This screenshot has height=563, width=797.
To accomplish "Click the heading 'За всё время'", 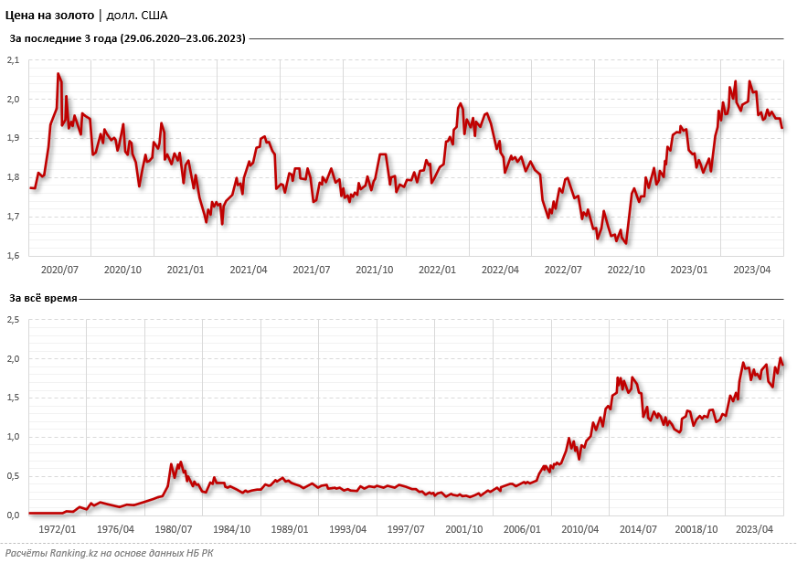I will [43, 298].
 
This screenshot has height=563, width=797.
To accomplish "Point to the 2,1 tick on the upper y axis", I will [14, 59].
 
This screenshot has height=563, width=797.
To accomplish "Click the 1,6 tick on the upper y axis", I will [14, 256].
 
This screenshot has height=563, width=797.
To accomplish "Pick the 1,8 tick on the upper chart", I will [14, 177].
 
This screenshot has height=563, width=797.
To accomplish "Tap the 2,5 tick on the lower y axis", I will [14, 320].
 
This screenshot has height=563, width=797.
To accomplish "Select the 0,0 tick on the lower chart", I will [14, 515].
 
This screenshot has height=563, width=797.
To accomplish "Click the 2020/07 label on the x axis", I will [60, 270].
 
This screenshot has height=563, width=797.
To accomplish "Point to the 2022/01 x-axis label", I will [437, 270].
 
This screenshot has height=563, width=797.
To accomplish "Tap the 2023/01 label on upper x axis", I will [688, 270].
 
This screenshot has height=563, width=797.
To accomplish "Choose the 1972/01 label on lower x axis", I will [58, 529].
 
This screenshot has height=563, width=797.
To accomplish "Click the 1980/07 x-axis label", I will [174, 529].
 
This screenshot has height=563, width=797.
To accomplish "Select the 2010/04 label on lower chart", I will [579, 529].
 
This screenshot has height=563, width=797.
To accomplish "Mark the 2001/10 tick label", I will [464, 529].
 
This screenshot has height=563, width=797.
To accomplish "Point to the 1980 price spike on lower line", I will [180, 462].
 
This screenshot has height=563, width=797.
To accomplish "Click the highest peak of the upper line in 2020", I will [58, 74].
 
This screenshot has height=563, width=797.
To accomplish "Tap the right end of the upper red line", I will [782, 127].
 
